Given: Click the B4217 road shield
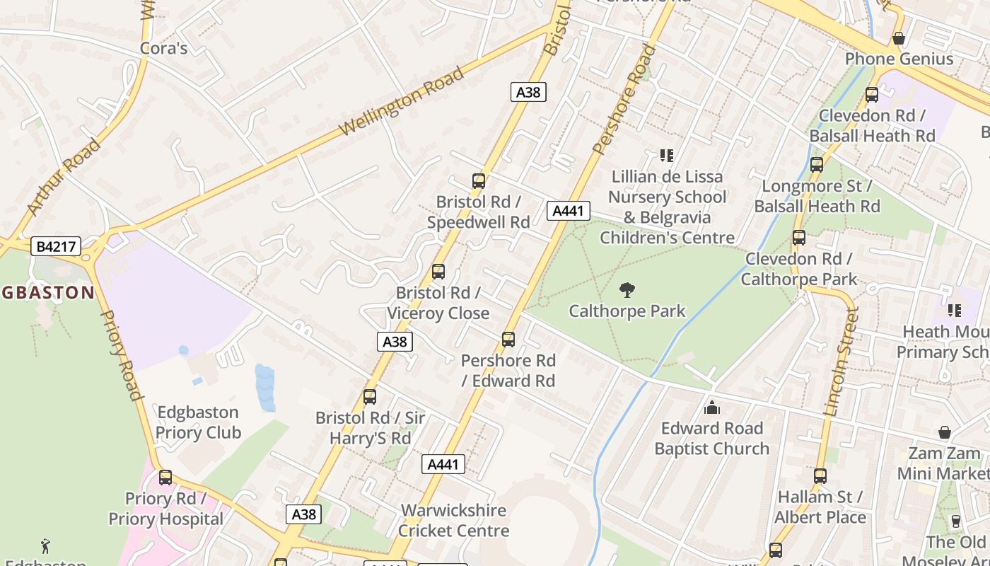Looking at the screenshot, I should (x=57, y=246).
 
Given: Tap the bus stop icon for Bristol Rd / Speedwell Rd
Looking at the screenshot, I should (x=479, y=181).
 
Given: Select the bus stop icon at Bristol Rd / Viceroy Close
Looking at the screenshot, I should (x=438, y=272).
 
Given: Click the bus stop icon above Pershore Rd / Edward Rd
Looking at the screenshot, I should (x=508, y=340).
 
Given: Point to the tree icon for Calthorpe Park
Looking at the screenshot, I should (x=627, y=289).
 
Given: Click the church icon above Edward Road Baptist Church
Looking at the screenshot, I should (x=711, y=408).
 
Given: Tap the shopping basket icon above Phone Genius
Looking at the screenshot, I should (x=899, y=38).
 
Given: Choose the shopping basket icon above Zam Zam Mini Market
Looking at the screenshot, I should (x=944, y=432).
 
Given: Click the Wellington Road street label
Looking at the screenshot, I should (x=401, y=101).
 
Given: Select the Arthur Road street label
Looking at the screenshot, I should (x=64, y=177).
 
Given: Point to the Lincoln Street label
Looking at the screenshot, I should (x=841, y=361).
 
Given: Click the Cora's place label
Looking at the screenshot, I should (x=163, y=48).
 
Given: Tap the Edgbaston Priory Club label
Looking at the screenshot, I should (x=198, y=422).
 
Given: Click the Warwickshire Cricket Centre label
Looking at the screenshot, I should (x=453, y=520).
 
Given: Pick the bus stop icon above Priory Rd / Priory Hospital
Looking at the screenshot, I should (x=165, y=478).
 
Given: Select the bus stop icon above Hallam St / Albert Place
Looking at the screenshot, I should (x=820, y=476).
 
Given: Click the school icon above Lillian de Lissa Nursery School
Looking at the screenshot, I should (x=666, y=155).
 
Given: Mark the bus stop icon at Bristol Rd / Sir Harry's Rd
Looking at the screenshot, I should (x=370, y=397).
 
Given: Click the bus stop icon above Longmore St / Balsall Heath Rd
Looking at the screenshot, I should (x=817, y=165).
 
